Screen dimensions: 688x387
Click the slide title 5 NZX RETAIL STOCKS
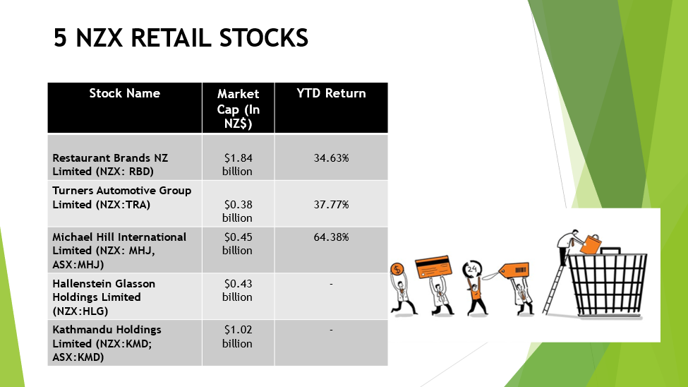pos(181,37)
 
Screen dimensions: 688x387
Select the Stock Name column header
pos(125,93)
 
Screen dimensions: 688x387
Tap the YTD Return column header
pos(331,93)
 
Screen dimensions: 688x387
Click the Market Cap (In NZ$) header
pos(239,109)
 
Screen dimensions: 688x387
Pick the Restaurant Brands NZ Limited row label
pos(110,165)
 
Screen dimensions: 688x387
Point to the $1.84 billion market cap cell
pos(237,165)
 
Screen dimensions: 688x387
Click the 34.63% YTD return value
pos(331,158)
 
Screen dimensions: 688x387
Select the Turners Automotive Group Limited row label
pos(122,198)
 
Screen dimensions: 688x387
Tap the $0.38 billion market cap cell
pos(237,211)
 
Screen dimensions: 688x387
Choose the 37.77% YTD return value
pos(331,205)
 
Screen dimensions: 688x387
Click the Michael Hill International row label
pos(119,251)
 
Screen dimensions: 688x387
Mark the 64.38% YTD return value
pos(331,237)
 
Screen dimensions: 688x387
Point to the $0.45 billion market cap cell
pos(237,244)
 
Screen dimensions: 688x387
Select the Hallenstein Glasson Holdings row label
pos(104,297)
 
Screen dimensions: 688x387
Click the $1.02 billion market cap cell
pos(237,336)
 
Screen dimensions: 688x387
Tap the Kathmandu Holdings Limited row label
pos(107,343)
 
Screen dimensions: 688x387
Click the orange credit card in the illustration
pos(433,267)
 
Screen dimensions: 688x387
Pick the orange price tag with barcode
pos(514,270)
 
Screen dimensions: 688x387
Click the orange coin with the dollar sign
pos(397,269)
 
